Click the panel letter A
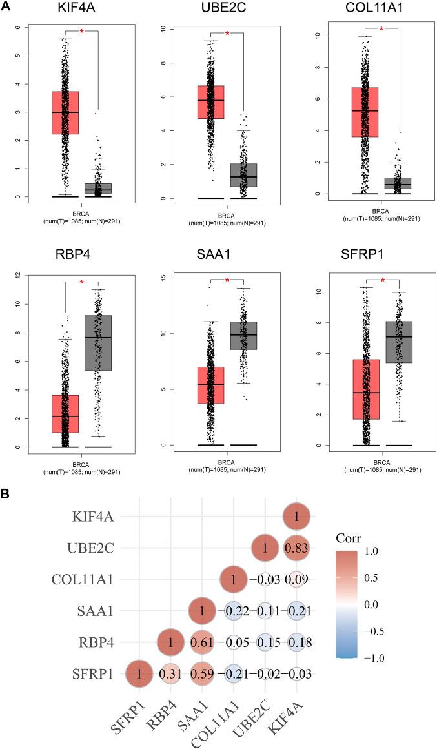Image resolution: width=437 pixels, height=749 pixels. pos(6,6)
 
